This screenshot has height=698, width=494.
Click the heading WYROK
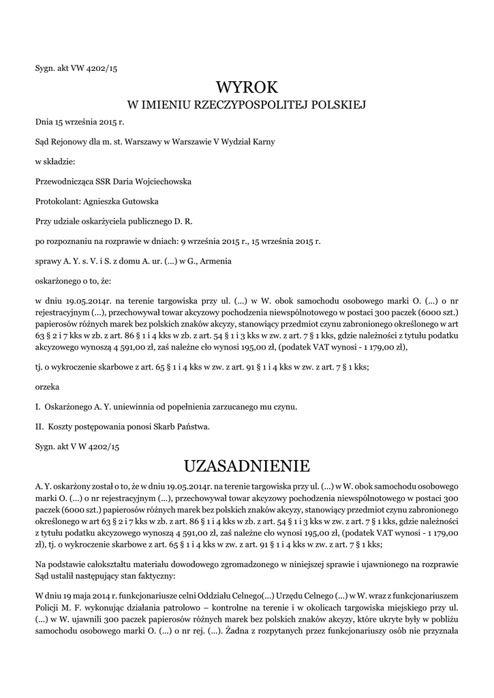pos(247,87)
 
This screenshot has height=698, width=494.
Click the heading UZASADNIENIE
pos(247,466)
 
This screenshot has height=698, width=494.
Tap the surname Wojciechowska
pos(163,181)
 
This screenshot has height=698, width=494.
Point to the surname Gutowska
pos(139,201)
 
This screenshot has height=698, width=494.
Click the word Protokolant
pos(58,201)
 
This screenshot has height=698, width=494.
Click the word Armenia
pos(217,260)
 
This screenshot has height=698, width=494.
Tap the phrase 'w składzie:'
pos(55,162)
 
